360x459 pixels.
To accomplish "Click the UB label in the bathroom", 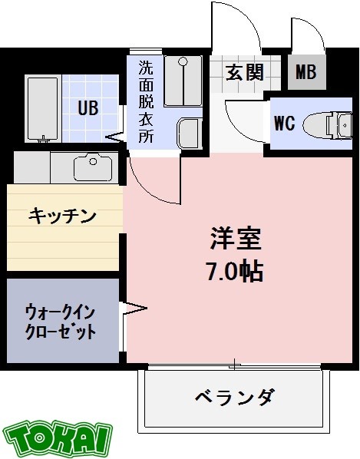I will (87, 107).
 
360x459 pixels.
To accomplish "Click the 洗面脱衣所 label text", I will (145, 101).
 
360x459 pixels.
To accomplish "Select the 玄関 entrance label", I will (244, 73).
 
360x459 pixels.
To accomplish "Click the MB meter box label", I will (306, 73).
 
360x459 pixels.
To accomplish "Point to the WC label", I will (285, 123).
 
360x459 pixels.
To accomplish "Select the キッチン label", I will (63, 216).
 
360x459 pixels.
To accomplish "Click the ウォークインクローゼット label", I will (61, 322).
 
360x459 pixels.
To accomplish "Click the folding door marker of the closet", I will (133, 310).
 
